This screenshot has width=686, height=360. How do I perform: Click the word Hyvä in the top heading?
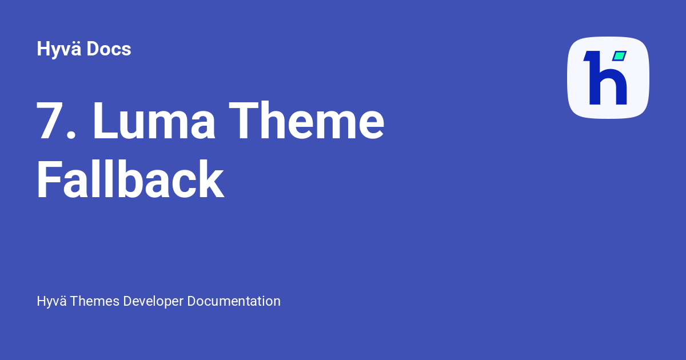59,50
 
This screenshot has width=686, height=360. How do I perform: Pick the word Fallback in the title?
130,179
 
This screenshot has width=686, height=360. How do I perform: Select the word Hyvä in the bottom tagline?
50,301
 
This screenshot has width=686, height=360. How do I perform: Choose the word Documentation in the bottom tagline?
234,301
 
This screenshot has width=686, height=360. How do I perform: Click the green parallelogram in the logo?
619,56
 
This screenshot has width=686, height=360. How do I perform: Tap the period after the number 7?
71,135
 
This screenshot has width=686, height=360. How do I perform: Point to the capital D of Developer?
127,301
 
